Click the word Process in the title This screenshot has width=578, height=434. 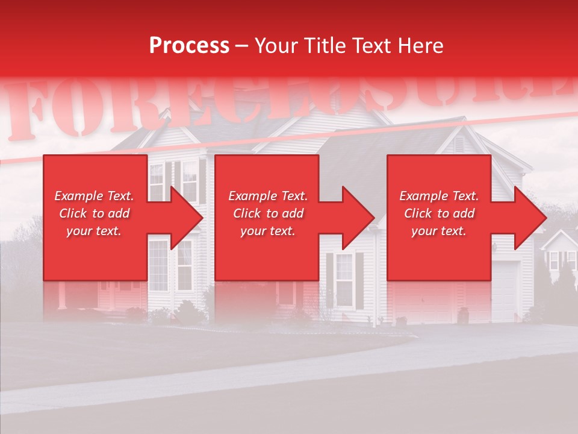pos(189,46)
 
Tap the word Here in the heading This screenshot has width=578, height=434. pos(420,46)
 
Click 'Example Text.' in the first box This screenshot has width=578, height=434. pos(94,196)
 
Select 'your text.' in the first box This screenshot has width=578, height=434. pos(94,231)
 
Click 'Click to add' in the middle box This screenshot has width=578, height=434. pos(268,213)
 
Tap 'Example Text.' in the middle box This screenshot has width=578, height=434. pos(268,196)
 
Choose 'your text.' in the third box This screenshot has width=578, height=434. pos(439,231)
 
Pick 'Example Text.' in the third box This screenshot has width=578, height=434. pos(439,196)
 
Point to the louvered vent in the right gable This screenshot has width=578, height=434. pos(459,145)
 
